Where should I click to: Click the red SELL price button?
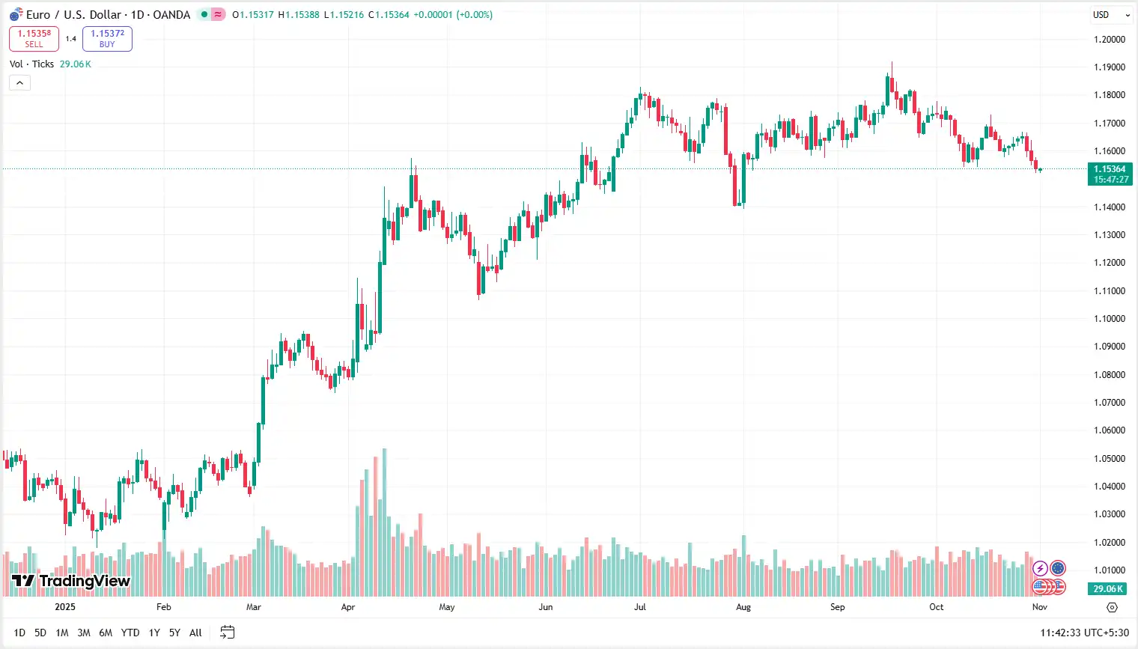point(34,38)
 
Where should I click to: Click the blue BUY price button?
point(107,38)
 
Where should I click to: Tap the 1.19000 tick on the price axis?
point(1109,67)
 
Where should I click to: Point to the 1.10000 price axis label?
point(1109,319)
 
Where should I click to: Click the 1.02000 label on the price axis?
point(1109,543)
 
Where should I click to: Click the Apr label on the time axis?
point(348,607)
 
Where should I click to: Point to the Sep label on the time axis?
point(837,607)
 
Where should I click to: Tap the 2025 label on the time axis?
point(65,607)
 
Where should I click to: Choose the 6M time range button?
point(106,633)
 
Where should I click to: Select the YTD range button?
point(130,633)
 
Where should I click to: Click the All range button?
point(195,633)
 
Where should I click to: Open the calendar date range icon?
point(228,633)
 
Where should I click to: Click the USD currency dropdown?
point(1110,15)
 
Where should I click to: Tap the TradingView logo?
point(71,581)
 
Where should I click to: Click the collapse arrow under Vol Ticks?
point(19,82)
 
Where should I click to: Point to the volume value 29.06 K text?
point(76,64)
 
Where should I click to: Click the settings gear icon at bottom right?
point(1112,607)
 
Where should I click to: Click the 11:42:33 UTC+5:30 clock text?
point(1084,633)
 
